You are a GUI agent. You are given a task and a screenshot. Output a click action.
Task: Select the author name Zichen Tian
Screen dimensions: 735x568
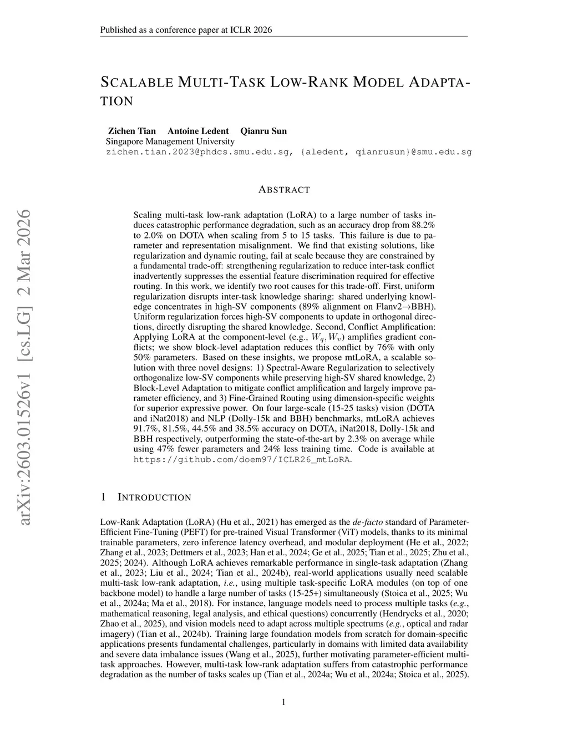pyautogui.click(x=131, y=131)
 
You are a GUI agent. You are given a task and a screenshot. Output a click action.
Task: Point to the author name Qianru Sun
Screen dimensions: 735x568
pyautogui.click(x=263, y=131)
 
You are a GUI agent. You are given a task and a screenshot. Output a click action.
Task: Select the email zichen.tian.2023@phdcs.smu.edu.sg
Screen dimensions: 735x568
pyautogui.click(x=199, y=151)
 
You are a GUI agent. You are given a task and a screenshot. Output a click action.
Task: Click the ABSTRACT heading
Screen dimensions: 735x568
pyautogui.click(x=284, y=190)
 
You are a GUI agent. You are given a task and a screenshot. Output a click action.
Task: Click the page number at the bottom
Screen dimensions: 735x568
pyautogui.click(x=284, y=702)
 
